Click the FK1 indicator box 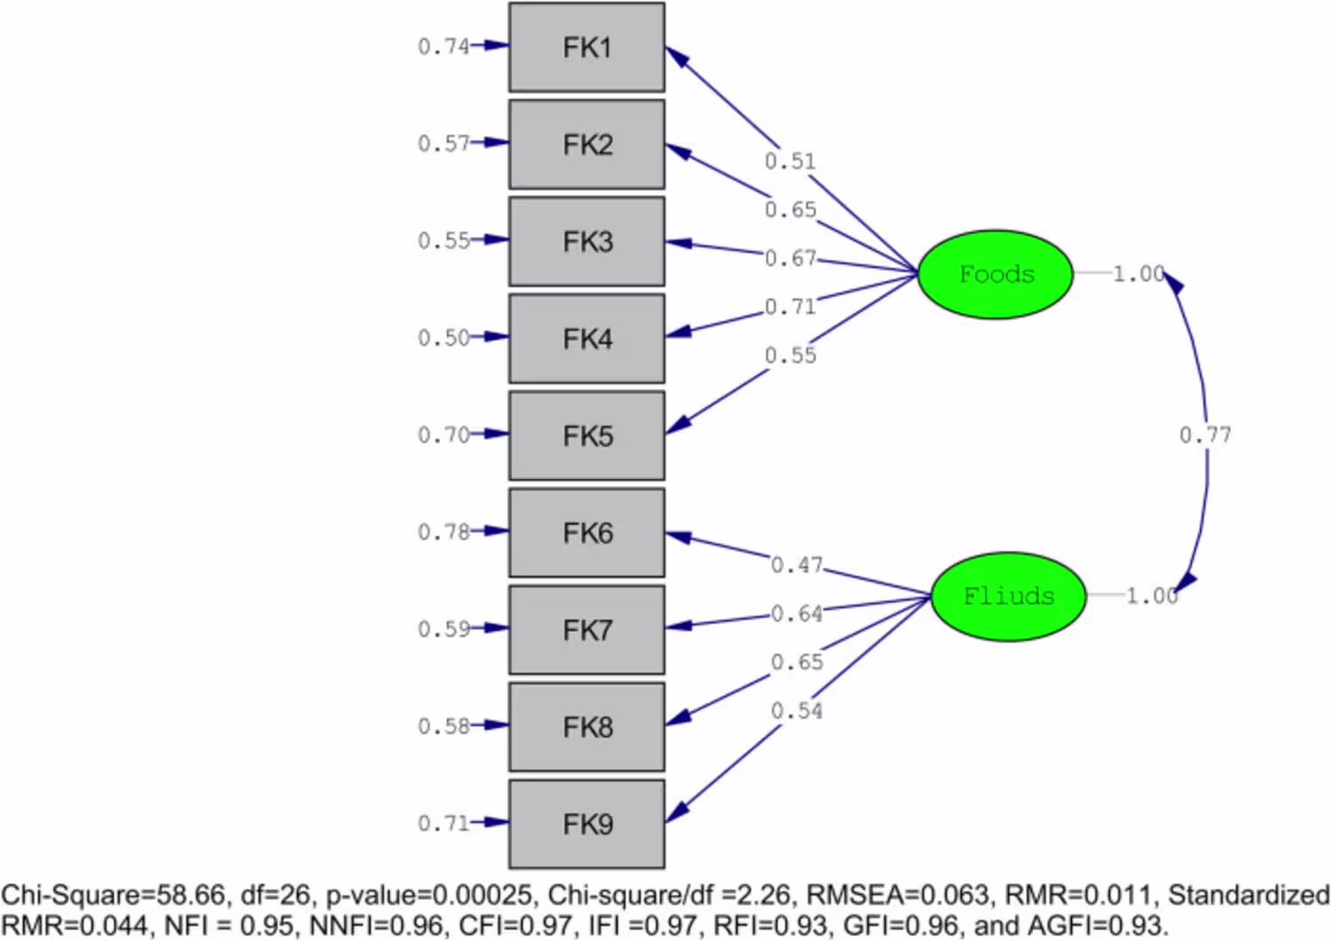coord(587,48)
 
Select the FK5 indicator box coord(587,435)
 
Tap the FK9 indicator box coord(587,824)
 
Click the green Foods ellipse coord(996,274)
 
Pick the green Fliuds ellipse coord(1009,597)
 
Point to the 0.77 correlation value coord(1205,435)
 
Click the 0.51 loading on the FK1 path coord(791,161)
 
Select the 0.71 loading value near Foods coord(791,307)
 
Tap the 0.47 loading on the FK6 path coord(797,565)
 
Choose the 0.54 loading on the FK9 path coord(797,710)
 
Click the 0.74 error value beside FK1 coord(444,46)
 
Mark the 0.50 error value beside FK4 coord(444,337)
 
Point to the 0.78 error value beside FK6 coord(444,531)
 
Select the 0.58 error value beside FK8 coord(444,726)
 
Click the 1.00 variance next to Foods coord(1138,274)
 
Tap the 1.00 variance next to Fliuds coord(1152,596)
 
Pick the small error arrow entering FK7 coord(490,628)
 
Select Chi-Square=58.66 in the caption coord(114,895)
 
